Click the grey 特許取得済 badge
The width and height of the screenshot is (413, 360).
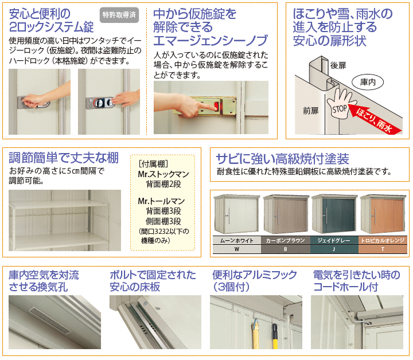point(119,15)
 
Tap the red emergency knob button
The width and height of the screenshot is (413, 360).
point(216,107)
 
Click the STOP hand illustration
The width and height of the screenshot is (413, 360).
point(341,104)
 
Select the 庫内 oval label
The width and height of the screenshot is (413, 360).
point(368,83)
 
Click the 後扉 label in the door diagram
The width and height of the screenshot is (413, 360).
point(338,65)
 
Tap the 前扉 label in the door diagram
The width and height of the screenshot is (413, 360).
point(310,111)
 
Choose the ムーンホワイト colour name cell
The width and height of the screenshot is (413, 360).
point(237,240)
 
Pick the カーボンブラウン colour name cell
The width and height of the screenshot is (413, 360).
point(286,240)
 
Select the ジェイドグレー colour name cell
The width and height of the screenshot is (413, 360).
point(334,240)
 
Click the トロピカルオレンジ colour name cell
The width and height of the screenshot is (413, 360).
point(383,240)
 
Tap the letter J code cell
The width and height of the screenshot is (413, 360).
point(334,249)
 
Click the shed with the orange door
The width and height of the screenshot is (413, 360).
point(383,214)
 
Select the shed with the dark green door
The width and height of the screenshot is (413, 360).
point(334,214)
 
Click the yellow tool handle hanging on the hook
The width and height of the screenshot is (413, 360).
point(255,334)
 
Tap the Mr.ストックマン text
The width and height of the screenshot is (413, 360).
point(163,174)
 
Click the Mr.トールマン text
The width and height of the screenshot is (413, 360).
point(161,201)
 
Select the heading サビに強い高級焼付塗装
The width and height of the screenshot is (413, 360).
point(282,158)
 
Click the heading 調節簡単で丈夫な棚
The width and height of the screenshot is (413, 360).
point(64,158)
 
